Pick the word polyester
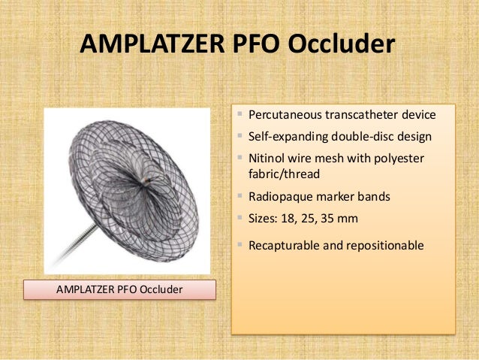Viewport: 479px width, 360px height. (x=399, y=160)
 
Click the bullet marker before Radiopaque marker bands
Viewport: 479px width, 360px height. (x=240, y=198)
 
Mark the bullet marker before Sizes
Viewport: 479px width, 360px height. (x=240, y=219)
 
